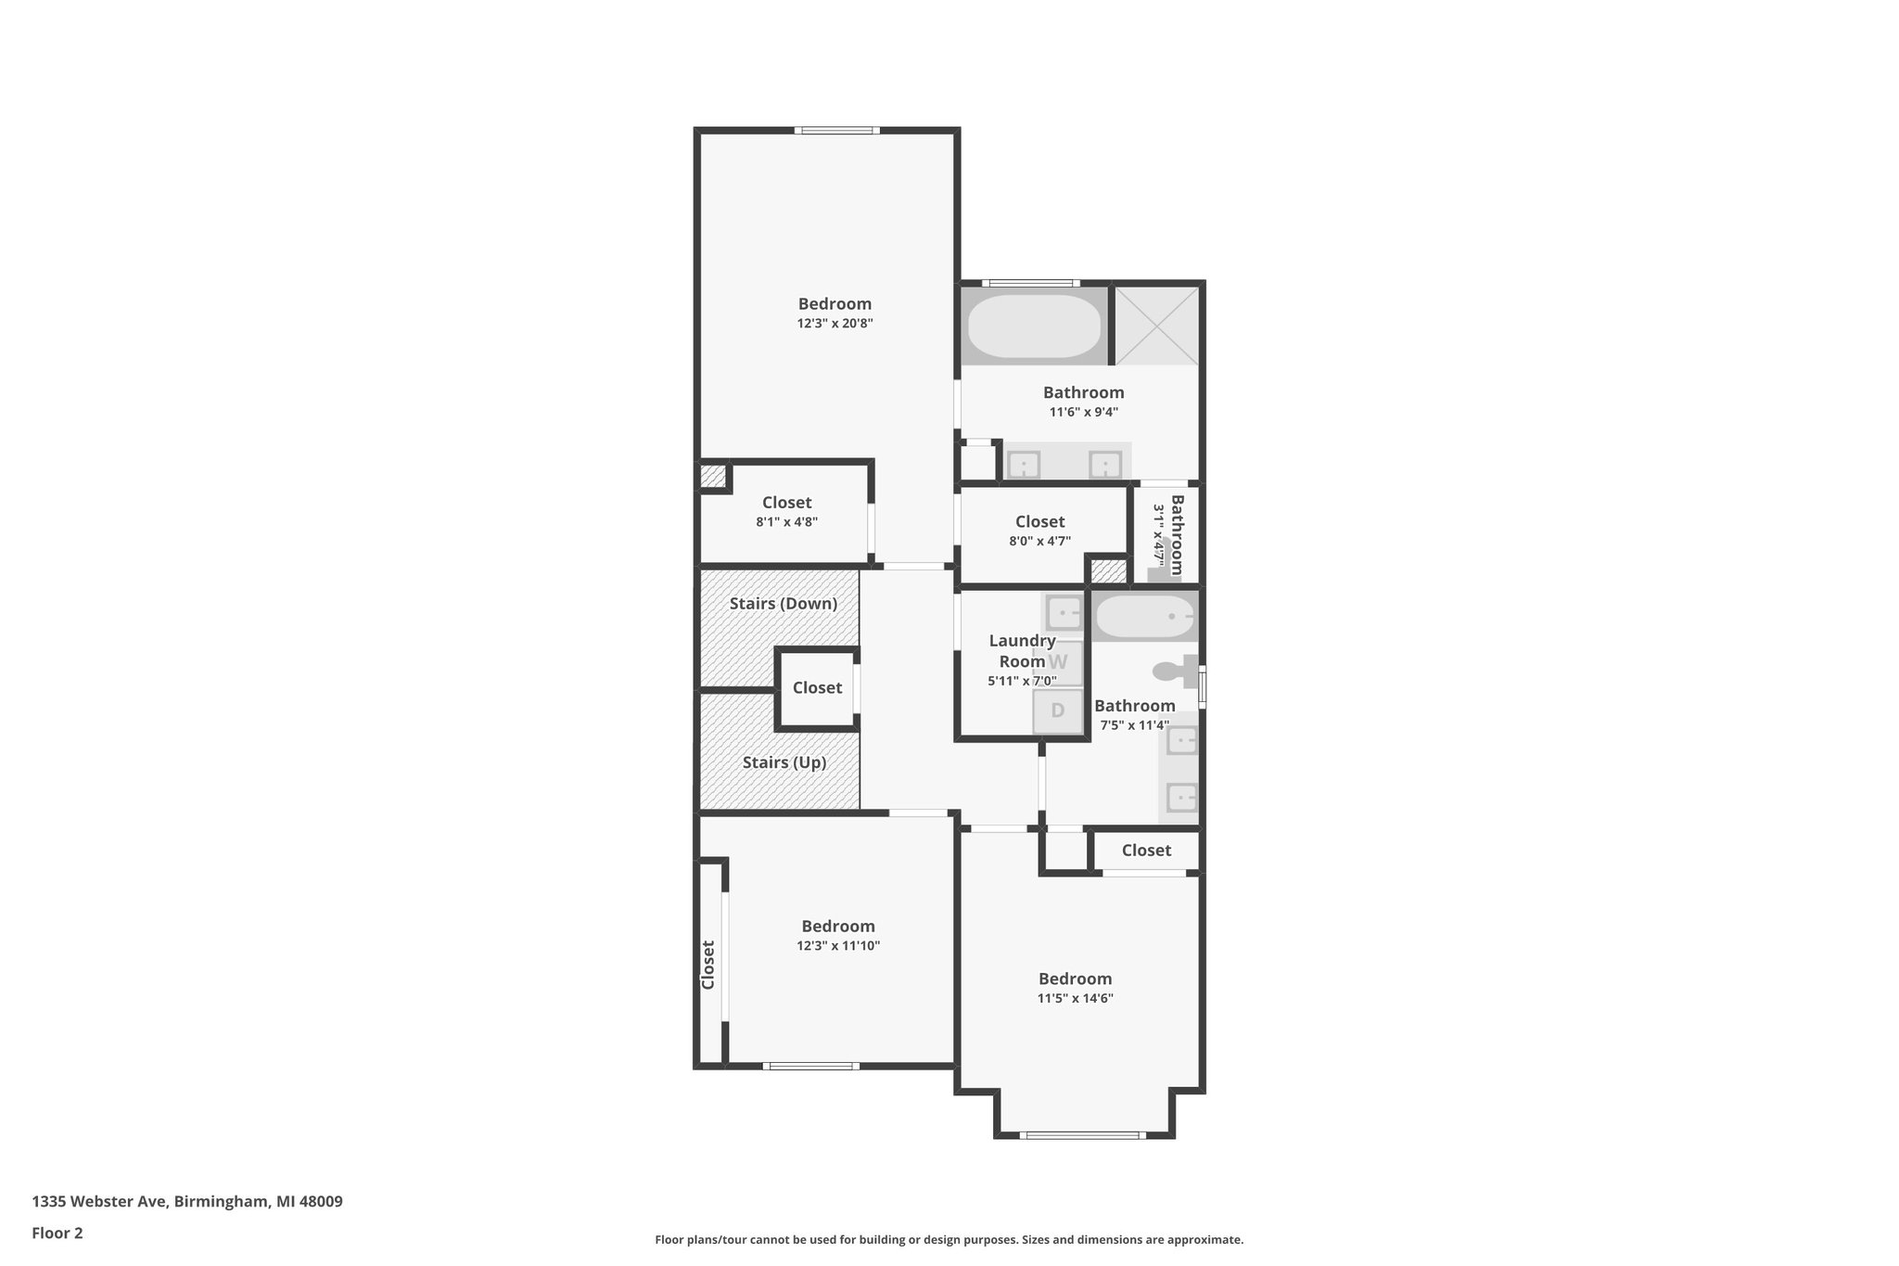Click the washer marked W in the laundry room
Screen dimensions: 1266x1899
coord(1059,662)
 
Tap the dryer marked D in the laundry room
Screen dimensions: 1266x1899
coord(1058,711)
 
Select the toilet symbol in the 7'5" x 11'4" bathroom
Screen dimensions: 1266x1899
coord(1177,670)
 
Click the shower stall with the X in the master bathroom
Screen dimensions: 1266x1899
coord(1155,326)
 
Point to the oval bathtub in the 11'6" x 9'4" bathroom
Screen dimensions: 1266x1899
coord(1034,326)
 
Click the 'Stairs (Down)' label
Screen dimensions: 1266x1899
coord(783,604)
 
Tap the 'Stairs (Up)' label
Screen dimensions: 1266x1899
coord(784,762)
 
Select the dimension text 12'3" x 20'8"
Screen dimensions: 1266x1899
coord(835,324)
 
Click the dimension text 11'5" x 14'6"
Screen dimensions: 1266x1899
coord(1075,999)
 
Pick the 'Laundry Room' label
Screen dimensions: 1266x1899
coord(1022,651)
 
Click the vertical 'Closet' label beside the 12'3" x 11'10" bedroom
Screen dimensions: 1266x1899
coord(708,965)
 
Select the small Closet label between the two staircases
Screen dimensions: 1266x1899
coord(817,687)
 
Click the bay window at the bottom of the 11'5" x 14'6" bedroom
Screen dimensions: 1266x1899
coord(1083,1134)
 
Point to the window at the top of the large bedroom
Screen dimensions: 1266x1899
coord(836,131)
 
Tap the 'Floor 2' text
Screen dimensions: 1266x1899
coord(57,1233)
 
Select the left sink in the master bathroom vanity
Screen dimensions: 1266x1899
coord(1024,464)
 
